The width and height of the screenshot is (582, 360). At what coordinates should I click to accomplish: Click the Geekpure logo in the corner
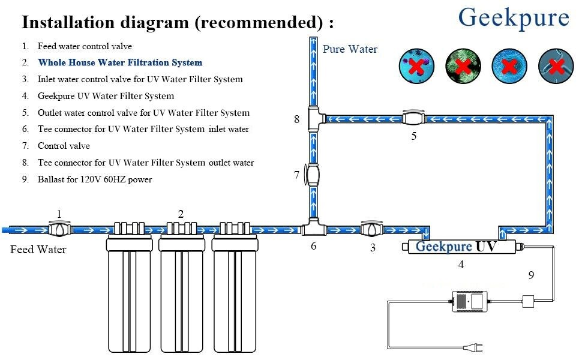[x=514, y=18]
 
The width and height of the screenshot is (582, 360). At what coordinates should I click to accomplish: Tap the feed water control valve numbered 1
[x=59, y=229]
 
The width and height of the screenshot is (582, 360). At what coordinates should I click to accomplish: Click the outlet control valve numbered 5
[x=413, y=118]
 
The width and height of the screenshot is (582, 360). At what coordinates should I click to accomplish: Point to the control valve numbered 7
[x=313, y=175]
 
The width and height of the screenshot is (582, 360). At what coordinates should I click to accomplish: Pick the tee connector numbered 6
[x=314, y=227]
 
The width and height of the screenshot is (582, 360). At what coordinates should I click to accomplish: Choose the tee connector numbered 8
[x=316, y=119]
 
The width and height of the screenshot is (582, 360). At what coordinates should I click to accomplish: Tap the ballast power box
[x=470, y=301]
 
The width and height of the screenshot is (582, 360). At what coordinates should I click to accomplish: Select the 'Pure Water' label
[x=350, y=49]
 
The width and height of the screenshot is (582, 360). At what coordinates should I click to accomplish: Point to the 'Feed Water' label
[x=38, y=250]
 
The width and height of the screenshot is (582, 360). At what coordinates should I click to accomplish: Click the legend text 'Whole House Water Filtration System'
[x=120, y=62]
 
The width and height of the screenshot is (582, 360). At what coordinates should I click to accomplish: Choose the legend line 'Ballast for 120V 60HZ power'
[x=95, y=179]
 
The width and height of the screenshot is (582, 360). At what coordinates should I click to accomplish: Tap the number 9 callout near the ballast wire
[x=531, y=275]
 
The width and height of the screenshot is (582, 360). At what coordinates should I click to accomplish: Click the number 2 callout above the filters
[x=181, y=214]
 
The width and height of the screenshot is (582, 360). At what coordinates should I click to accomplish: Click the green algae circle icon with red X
[x=463, y=66]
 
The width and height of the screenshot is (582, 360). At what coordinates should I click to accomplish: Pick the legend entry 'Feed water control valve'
[x=85, y=46]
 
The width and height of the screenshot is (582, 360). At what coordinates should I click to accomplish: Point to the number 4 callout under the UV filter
[x=461, y=264]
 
